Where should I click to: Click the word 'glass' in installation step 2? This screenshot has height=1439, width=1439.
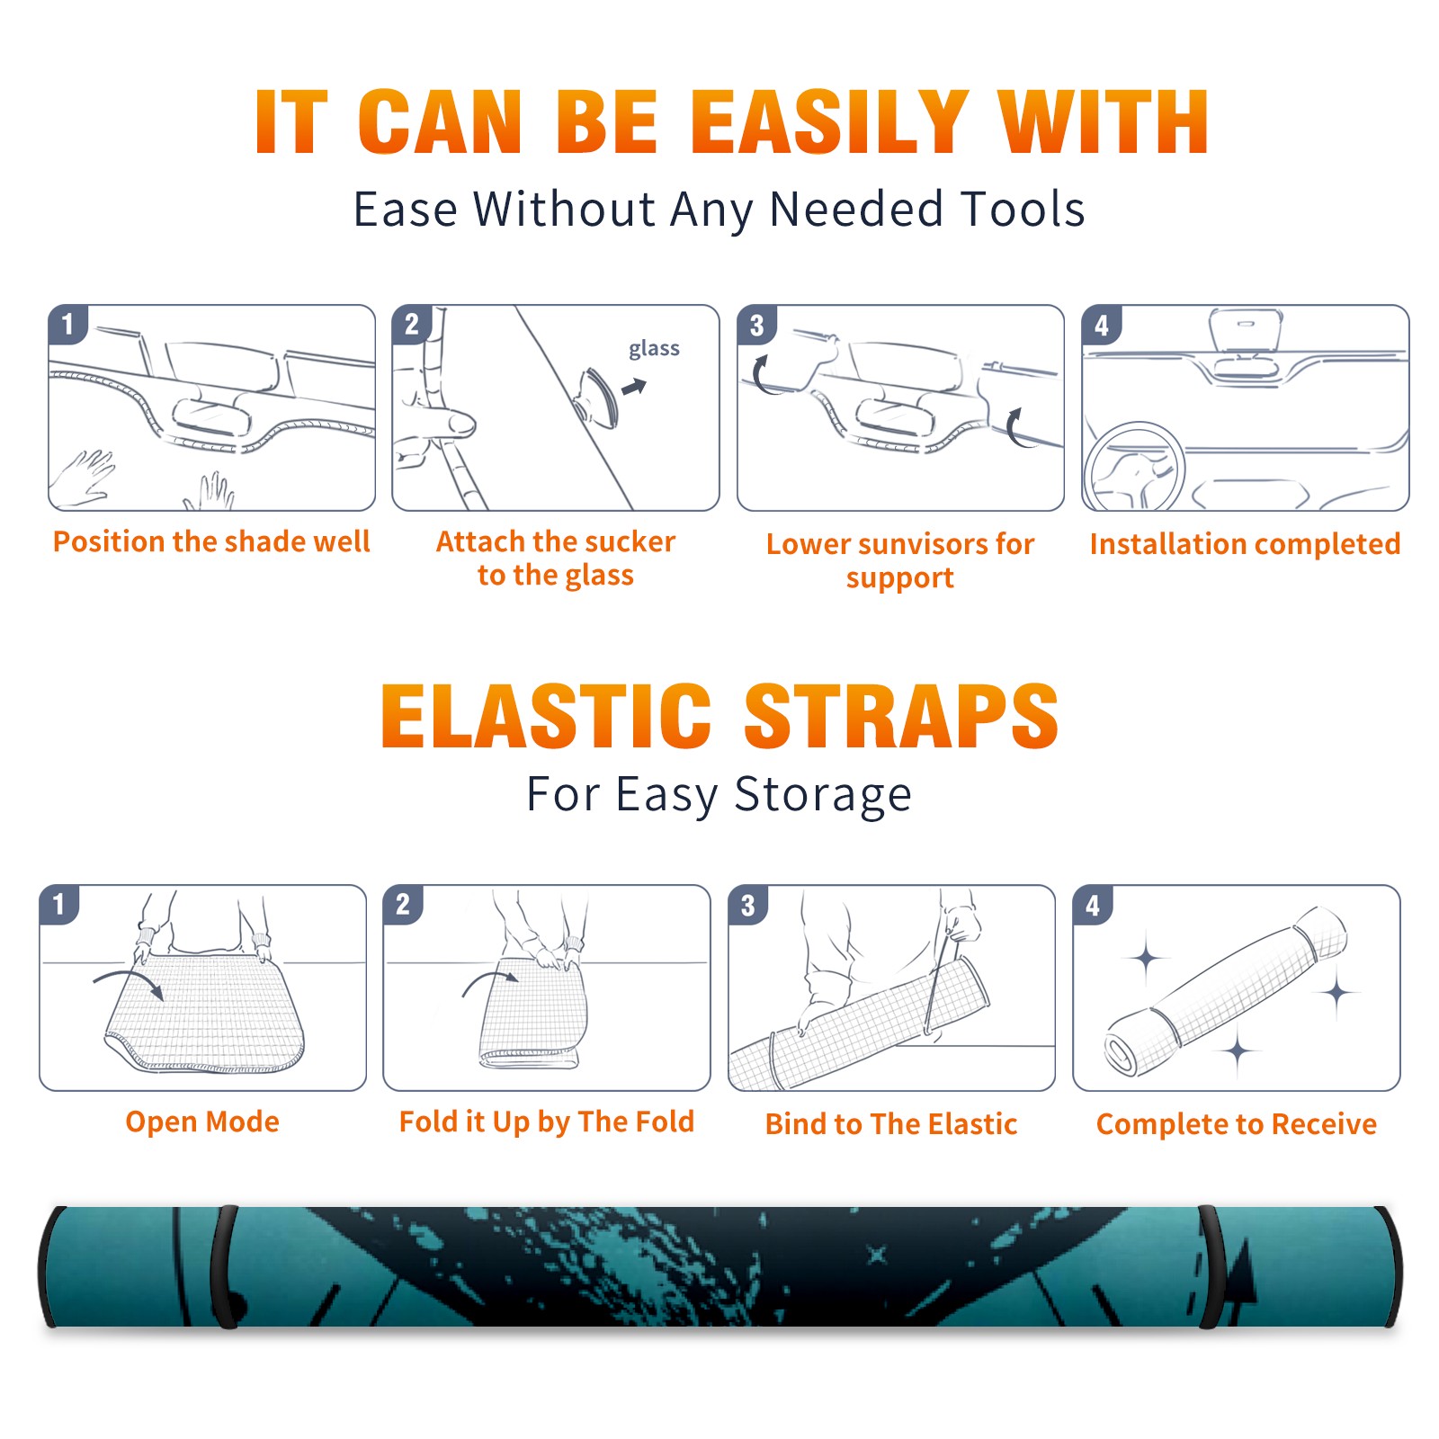click(x=654, y=349)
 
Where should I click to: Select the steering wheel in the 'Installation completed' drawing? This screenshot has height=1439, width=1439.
click(x=1134, y=467)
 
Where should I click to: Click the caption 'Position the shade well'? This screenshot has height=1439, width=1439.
click(x=211, y=541)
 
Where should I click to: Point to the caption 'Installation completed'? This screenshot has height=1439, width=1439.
click(x=1245, y=544)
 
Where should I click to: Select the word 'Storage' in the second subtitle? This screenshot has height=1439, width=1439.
click(x=823, y=795)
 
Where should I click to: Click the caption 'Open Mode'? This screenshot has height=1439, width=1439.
click(x=202, y=1122)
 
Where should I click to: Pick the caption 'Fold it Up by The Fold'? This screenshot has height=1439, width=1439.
click(x=547, y=1122)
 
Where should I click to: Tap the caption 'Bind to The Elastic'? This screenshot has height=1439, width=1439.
click(x=891, y=1124)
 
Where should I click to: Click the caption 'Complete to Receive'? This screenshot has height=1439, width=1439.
click(x=1237, y=1124)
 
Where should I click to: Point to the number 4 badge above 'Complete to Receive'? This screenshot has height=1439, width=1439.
click(x=1093, y=905)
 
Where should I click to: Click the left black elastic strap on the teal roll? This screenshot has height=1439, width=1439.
click(x=223, y=1266)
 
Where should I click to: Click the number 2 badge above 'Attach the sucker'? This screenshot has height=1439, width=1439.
click(x=412, y=325)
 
